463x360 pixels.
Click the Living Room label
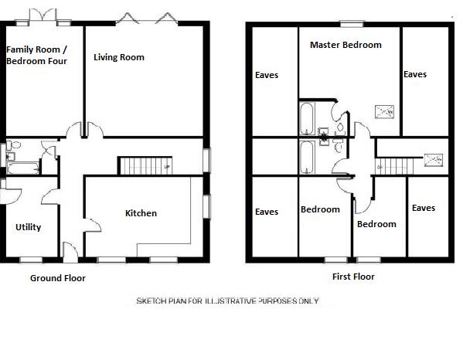click(x=119, y=57)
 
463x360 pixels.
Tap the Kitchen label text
click(x=141, y=213)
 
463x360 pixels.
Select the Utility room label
click(x=28, y=227)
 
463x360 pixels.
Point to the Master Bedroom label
click(x=346, y=45)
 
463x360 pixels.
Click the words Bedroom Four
click(x=37, y=61)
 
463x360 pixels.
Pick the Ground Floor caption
click(x=57, y=278)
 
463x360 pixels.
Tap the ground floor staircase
click(x=144, y=165)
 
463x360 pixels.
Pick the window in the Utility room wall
click(x=31, y=258)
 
